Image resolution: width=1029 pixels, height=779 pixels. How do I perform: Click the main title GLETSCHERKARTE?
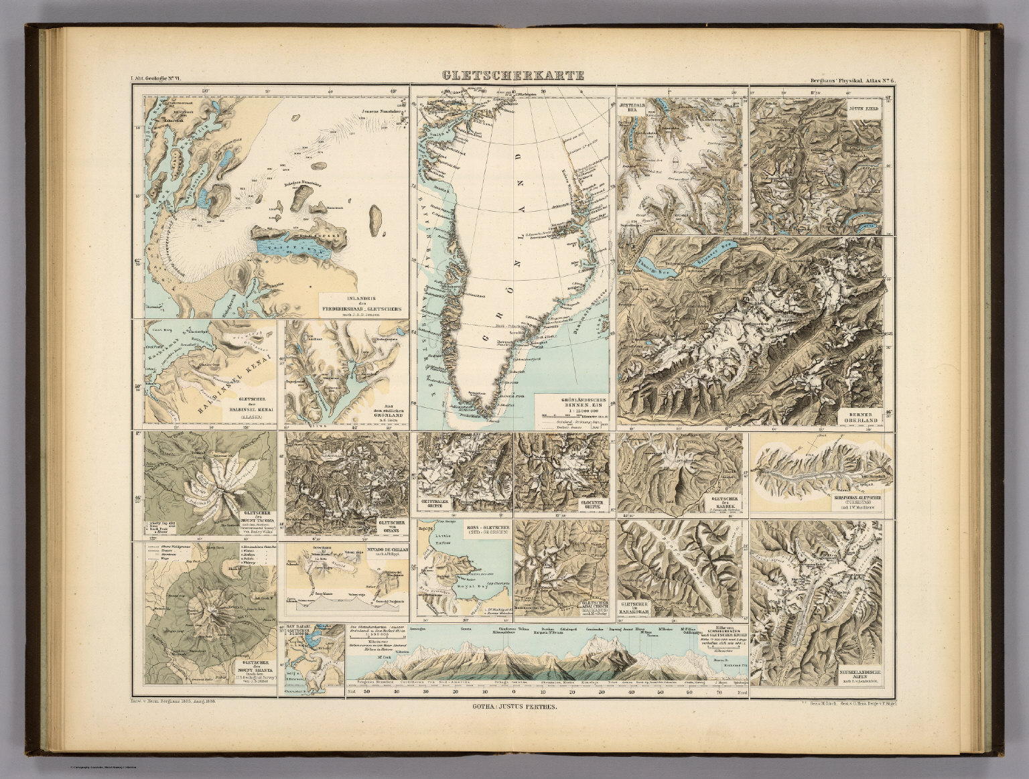click(512, 76)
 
